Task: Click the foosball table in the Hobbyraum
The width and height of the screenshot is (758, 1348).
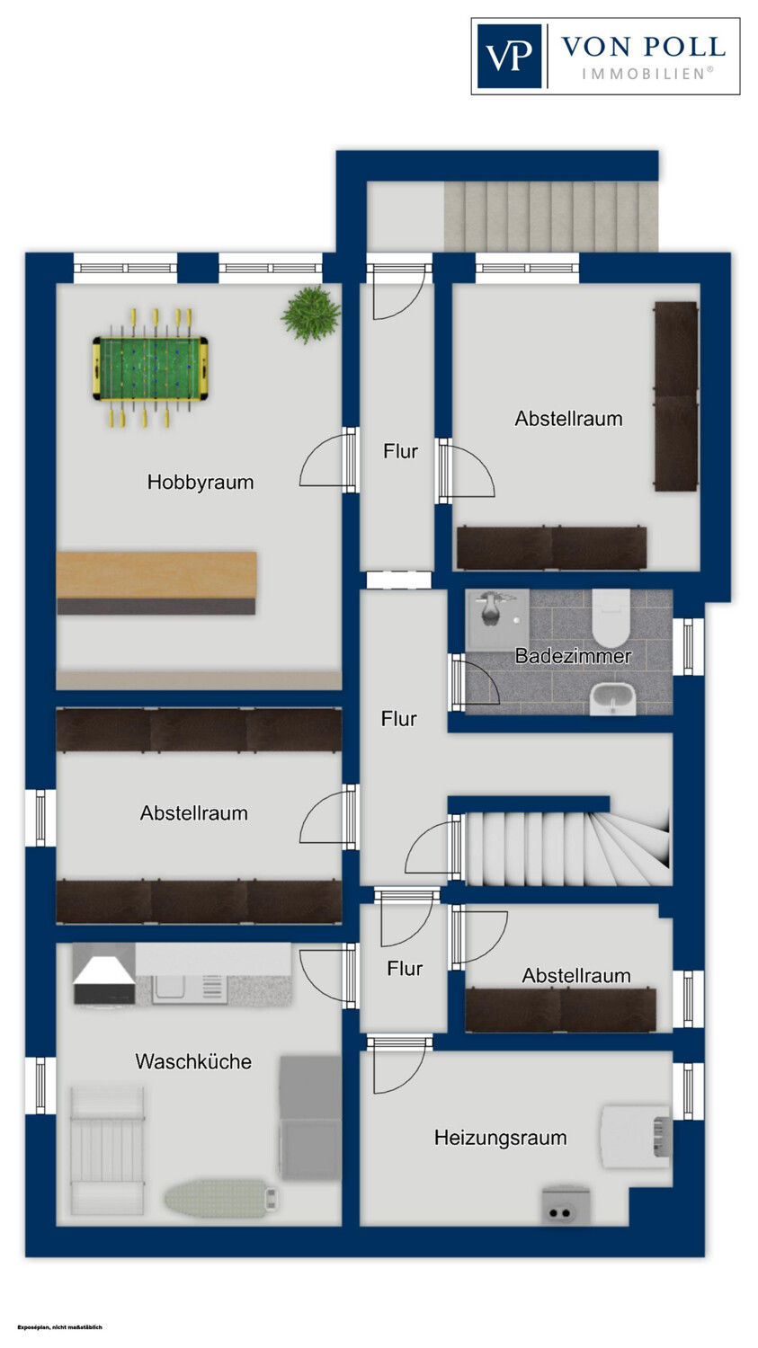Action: click(150, 368)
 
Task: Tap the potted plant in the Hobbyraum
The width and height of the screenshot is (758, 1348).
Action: click(311, 315)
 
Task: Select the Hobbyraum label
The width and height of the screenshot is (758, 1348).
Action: click(201, 482)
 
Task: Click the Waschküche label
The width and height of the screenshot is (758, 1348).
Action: click(193, 1061)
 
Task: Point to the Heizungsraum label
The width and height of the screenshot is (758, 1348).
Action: click(500, 1138)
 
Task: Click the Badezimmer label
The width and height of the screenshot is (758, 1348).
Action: click(573, 655)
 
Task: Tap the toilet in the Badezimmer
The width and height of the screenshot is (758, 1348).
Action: click(611, 617)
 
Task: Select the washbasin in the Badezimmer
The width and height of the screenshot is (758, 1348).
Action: click(612, 698)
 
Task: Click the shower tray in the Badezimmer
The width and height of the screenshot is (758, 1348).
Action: click(497, 620)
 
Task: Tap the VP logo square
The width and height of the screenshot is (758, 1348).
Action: click(509, 56)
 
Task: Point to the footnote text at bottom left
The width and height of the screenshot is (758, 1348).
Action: click(59, 1327)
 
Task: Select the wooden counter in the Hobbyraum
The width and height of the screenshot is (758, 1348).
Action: click(156, 582)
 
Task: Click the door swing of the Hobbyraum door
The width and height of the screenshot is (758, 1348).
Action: click(322, 460)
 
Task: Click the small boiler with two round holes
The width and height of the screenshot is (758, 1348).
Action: click(566, 1204)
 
